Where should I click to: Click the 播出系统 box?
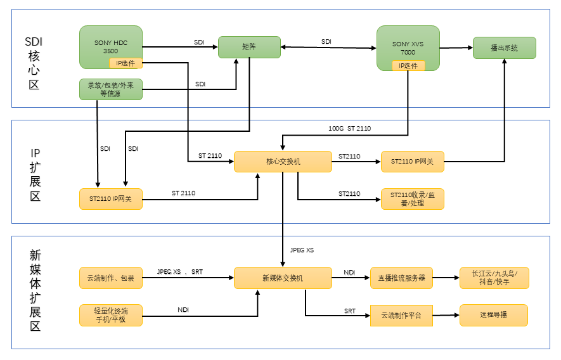504,48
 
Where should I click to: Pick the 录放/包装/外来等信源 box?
111,89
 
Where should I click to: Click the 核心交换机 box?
283,162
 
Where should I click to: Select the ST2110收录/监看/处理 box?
412,199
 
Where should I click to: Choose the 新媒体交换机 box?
283,278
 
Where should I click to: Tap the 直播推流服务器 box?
401,278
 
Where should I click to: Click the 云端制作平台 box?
401,315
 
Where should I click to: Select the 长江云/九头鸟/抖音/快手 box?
494,278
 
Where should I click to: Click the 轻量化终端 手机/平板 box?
111,315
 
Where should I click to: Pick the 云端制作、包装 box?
111,278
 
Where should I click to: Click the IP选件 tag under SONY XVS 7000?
408,66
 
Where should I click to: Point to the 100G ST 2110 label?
349,129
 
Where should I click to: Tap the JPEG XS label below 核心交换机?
301,250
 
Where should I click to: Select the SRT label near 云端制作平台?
350,311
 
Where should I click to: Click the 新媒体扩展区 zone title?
35,291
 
